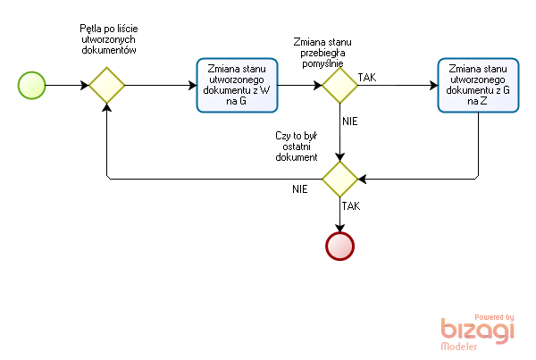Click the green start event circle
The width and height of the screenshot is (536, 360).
point(31,86)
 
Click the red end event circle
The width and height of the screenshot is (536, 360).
point(340,245)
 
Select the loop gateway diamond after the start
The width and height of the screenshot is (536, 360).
point(106,86)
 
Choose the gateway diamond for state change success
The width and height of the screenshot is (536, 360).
point(340,86)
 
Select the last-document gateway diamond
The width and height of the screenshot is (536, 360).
point(340,179)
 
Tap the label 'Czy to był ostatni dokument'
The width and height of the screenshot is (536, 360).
point(296,146)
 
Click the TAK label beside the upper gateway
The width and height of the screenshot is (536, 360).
point(366,79)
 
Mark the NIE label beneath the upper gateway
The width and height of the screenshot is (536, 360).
point(350,119)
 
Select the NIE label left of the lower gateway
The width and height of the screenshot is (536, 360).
point(300,189)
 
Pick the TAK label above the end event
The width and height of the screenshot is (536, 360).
point(351,205)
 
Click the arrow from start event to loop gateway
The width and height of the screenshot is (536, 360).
point(67,86)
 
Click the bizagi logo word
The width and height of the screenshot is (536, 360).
point(478,331)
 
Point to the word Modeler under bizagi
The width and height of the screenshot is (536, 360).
point(459,347)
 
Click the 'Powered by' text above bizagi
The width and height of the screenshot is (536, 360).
point(493,317)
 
